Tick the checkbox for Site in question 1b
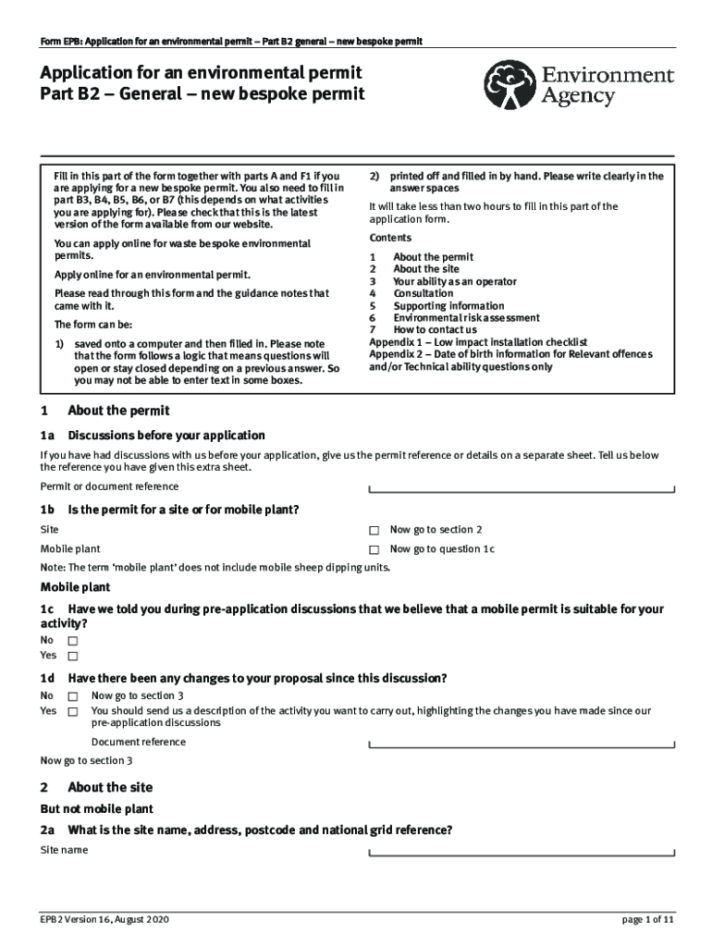(374, 531)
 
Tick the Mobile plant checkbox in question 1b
(374, 550)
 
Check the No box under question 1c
(73, 641)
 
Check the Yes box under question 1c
(73, 657)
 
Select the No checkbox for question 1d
(73, 696)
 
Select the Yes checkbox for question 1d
(73, 712)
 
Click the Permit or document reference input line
(522, 490)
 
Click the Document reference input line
(522, 745)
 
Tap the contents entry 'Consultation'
(423, 293)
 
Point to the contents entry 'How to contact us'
(435, 329)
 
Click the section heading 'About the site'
(110, 787)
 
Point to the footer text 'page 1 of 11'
(648, 920)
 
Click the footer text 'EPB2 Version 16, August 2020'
(104, 920)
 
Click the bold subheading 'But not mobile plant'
(96, 809)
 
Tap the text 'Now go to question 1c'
(442, 549)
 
